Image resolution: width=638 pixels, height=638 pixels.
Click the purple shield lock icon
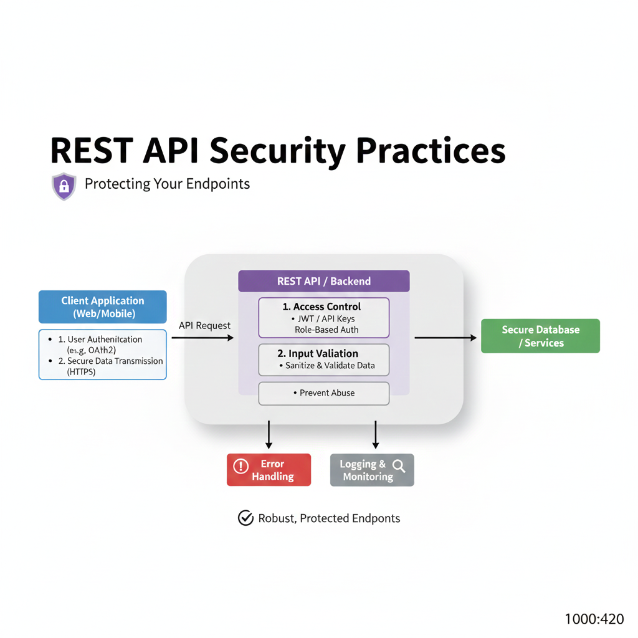pos(64,186)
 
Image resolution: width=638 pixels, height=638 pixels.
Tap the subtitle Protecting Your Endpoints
pos(167,184)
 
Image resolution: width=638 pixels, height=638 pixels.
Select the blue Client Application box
pos(103,307)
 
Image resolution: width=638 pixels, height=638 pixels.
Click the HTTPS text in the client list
pos(82,372)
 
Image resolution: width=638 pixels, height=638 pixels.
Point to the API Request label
pos(204,325)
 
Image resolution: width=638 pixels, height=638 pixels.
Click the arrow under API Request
pos(202,338)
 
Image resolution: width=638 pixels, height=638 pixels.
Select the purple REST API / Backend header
pos(324,281)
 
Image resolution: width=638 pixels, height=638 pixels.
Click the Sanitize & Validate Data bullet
pos(326,365)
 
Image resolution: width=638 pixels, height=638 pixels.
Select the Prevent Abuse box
pos(324,393)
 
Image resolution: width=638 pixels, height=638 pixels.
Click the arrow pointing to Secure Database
pos(444,338)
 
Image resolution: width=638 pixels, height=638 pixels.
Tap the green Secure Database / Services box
pos(540,336)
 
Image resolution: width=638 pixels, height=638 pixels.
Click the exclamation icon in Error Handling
pos(240,465)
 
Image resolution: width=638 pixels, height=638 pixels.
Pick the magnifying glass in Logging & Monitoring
pos(399,465)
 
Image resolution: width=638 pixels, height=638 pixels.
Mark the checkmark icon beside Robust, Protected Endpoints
pos(245,518)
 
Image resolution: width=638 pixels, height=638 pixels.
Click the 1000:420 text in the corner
pos(594,619)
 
